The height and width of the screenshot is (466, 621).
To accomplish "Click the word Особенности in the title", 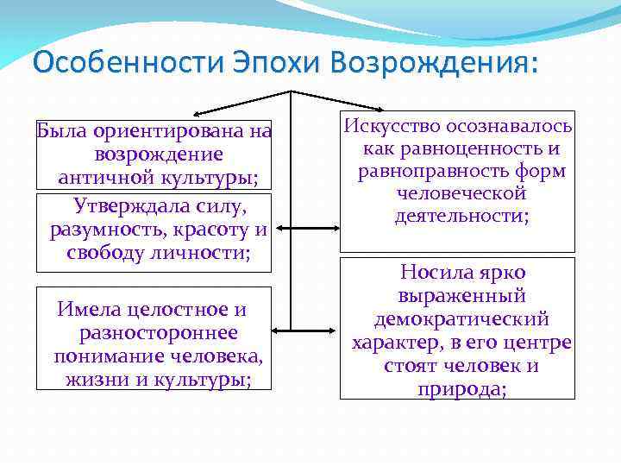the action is (127, 62).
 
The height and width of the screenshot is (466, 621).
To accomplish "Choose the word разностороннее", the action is (158, 332).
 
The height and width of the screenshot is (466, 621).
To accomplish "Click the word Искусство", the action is (393, 126).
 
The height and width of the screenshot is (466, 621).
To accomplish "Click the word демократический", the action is (461, 319).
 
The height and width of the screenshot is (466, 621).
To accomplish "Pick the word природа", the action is (461, 388).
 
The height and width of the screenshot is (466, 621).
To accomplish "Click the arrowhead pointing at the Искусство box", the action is (337, 112).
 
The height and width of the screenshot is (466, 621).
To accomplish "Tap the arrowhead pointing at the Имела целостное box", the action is (276, 330).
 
